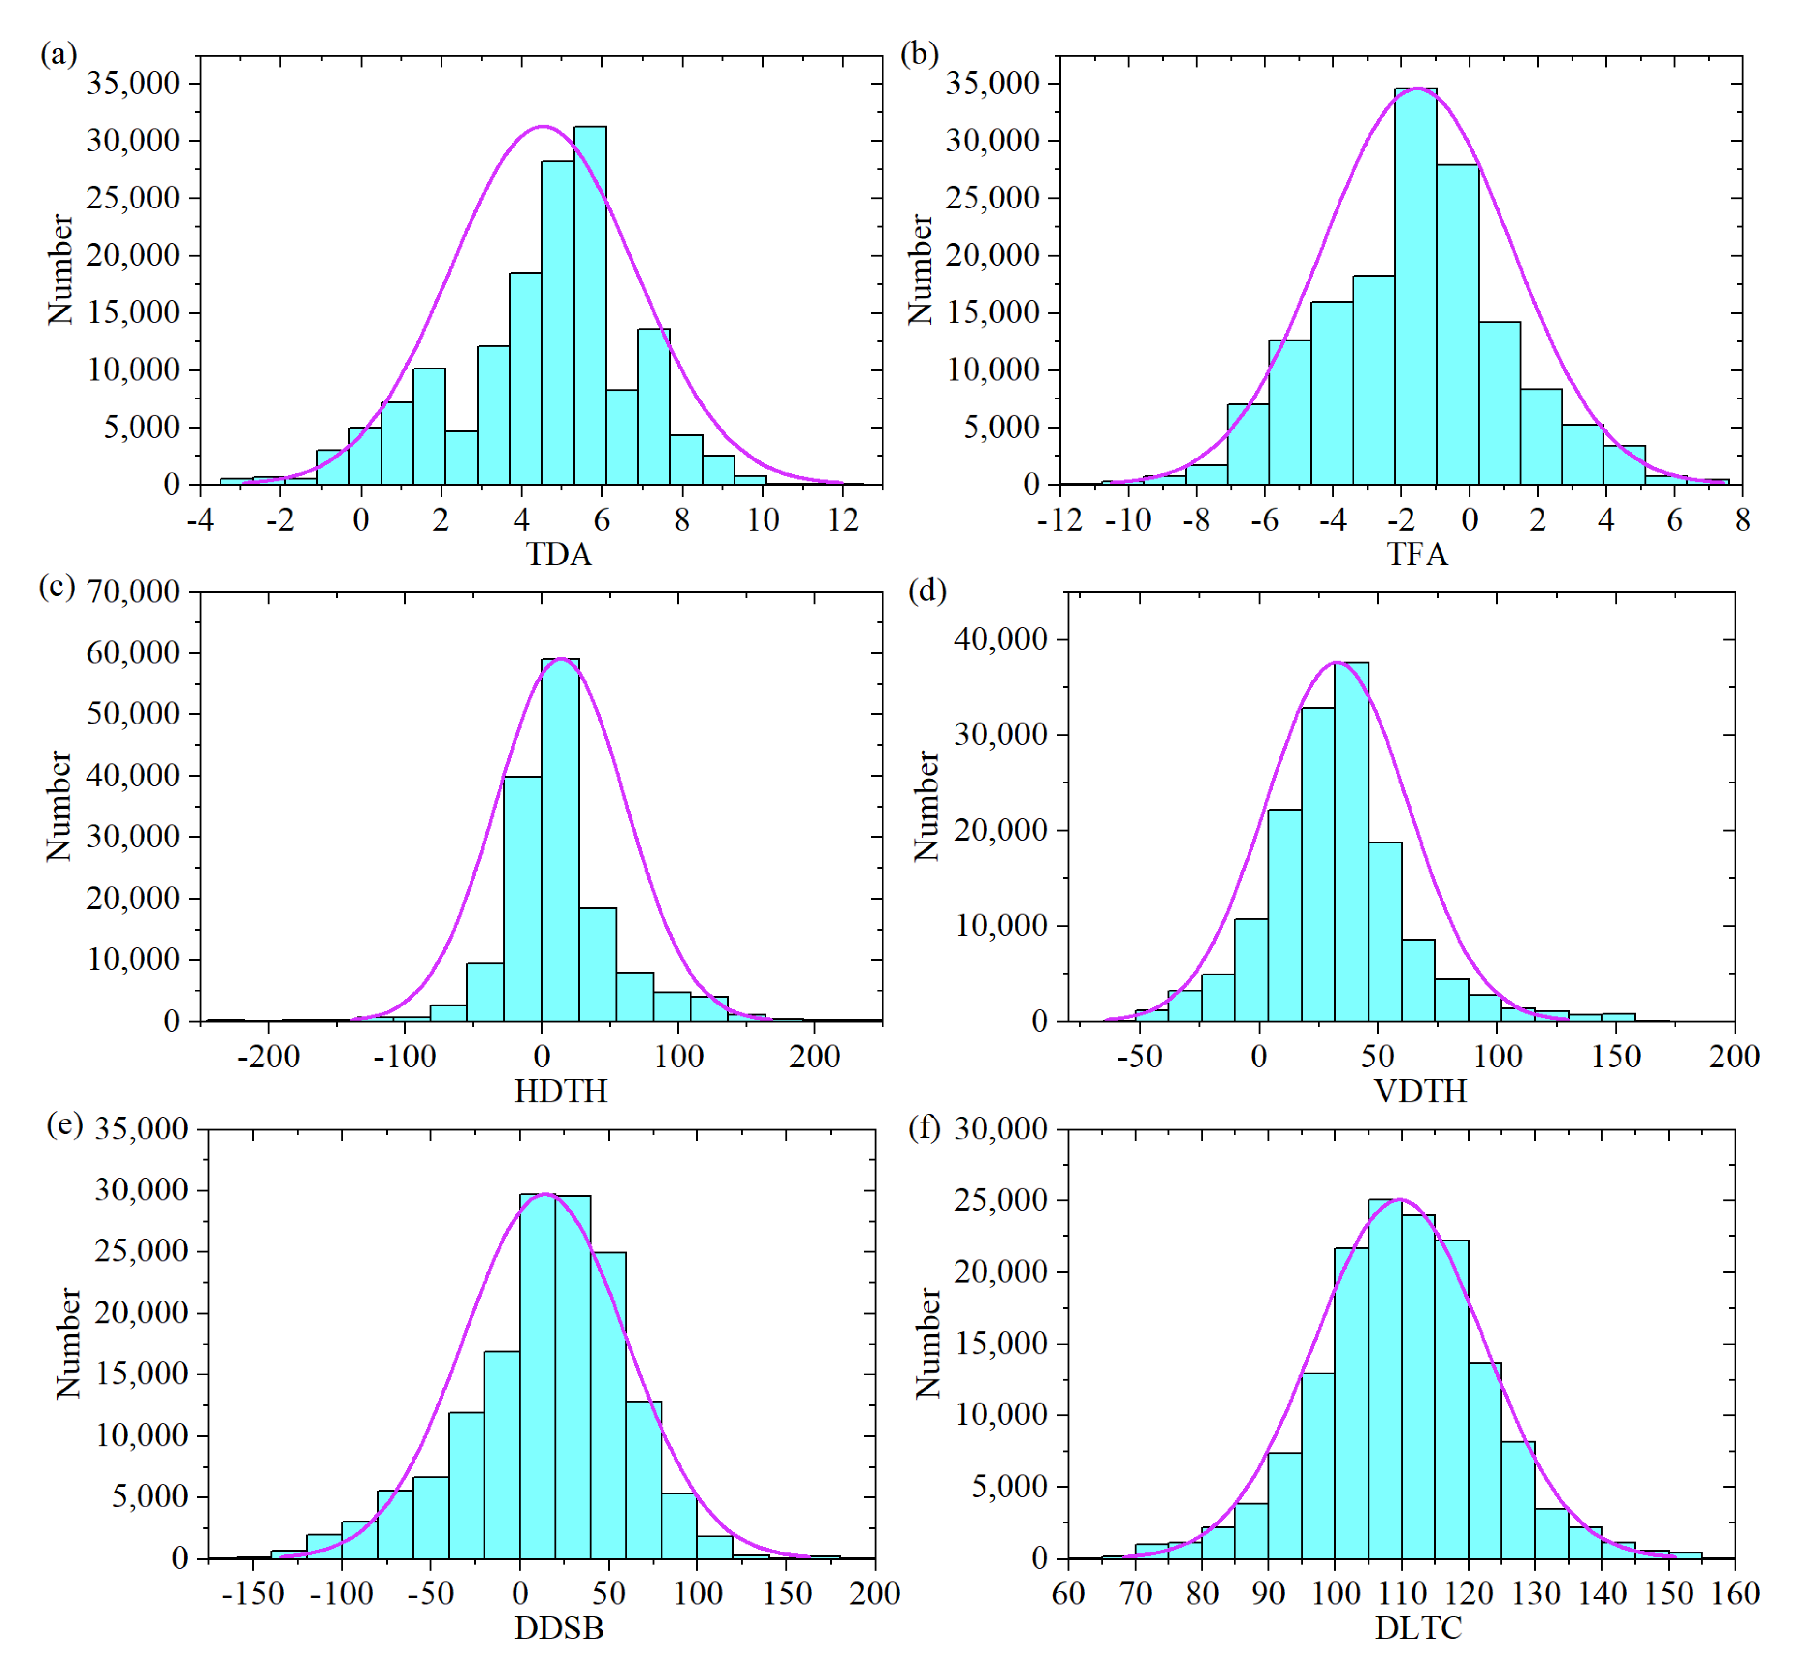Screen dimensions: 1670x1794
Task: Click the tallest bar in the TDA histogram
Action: pyautogui.click(x=589, y=307)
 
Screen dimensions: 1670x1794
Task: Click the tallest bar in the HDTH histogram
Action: pyautogui.click(x=559, y=840)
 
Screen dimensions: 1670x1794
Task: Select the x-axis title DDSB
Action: pyautogui.click(x=559, y=1627)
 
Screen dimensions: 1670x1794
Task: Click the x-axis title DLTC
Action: pyautogui.click(x=1418, y=1627)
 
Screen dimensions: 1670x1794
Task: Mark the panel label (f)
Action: pyautogui.click(x=924, y=1127)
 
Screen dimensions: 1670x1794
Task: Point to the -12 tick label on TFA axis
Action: pyautogui.click(x=1059, y=520)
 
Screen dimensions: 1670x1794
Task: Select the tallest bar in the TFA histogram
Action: pyautogui.click(x=1415, y=289)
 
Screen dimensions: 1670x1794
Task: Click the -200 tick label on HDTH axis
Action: pyautogui.click(x=268, y=1056)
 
